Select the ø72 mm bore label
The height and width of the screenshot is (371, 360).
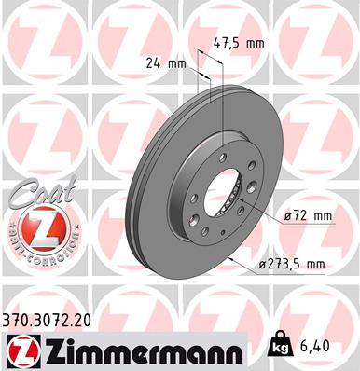pos(311,216)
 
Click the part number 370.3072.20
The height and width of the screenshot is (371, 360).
pos(48,318)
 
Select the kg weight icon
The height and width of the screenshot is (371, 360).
pos(279,346)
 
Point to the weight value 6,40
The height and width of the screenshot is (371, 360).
pos(314,347)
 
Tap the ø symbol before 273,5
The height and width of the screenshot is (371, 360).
pos(263,266)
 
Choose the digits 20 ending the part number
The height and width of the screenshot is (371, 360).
pos(86,318)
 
